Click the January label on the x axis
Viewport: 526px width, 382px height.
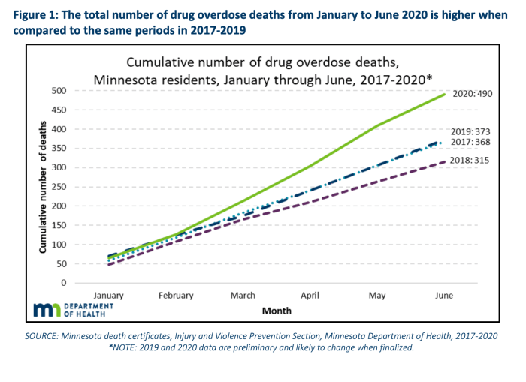(x=109, y=295)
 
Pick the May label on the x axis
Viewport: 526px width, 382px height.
(x=378, y=295)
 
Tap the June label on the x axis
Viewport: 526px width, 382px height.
(x=444, y=295)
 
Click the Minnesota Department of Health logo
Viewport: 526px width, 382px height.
(x=73, y=310)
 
